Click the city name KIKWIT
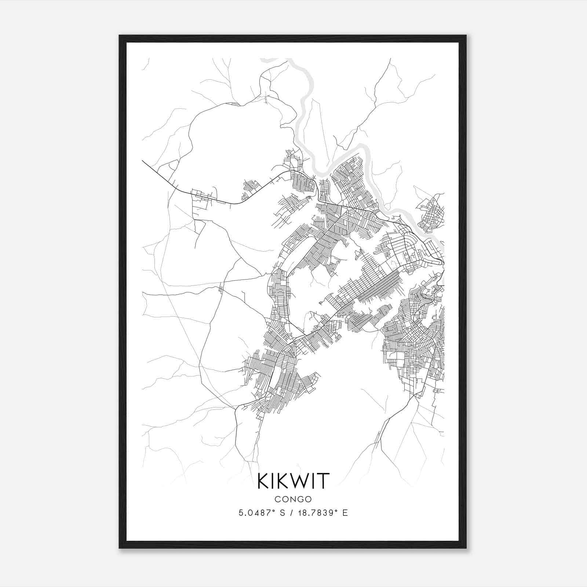[x=293, y=481]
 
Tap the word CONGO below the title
[x=293, y=499]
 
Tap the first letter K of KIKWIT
[x=263, y=481]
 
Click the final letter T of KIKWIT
[x=324, y=481]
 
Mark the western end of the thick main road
[x=143, y=161]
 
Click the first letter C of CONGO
[x=278, y=499]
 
